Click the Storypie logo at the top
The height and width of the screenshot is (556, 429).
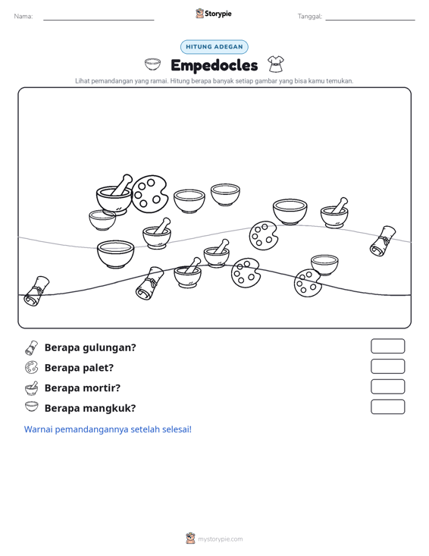(214, 14)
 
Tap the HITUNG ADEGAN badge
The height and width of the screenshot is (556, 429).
(214, 47)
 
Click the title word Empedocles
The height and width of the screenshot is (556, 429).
(214, 65)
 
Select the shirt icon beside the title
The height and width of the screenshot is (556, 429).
(276, 64)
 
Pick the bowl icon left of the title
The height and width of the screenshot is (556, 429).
(152, 64)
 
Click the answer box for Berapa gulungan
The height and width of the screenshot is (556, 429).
(387, 346)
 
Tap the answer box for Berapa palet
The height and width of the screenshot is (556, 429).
(387, 366)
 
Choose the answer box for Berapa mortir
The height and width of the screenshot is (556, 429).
(387, 387)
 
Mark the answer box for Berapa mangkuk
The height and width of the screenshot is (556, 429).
(387, 407)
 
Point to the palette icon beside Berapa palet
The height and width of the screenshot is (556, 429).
(31, 368)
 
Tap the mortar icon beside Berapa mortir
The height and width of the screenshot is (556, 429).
(32, 388)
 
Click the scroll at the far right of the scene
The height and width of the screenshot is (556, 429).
(383, 240)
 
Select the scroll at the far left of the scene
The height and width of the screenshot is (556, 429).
(36, 291)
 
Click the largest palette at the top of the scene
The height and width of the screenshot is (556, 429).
(149, 194)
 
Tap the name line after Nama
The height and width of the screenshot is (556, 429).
(99, 20)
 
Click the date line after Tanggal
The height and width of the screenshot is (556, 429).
(370, 20)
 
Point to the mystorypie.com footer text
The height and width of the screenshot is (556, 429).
(221, 539)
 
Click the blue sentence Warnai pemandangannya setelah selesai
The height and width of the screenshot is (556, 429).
(108, 429)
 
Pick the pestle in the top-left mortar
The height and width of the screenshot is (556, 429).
(121, 184)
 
